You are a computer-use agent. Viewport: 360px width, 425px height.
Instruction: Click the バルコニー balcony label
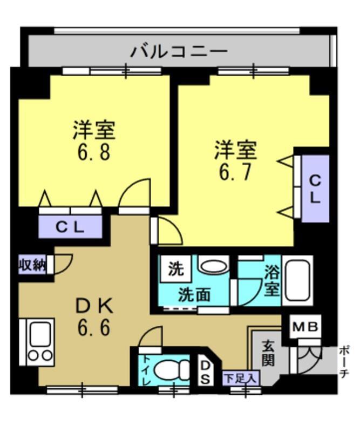click(179, 52)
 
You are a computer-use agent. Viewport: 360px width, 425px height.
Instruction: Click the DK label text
click(94, 307)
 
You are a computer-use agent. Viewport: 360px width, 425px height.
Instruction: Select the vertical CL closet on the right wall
click(315, 188)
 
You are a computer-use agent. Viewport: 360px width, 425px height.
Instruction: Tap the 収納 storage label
click(32, 265)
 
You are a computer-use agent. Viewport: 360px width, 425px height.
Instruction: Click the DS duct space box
click(206, 373)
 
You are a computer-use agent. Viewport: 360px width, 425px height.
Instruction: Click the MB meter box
click(306, 327)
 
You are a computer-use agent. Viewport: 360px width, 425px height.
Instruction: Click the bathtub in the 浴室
click(297, 280)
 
